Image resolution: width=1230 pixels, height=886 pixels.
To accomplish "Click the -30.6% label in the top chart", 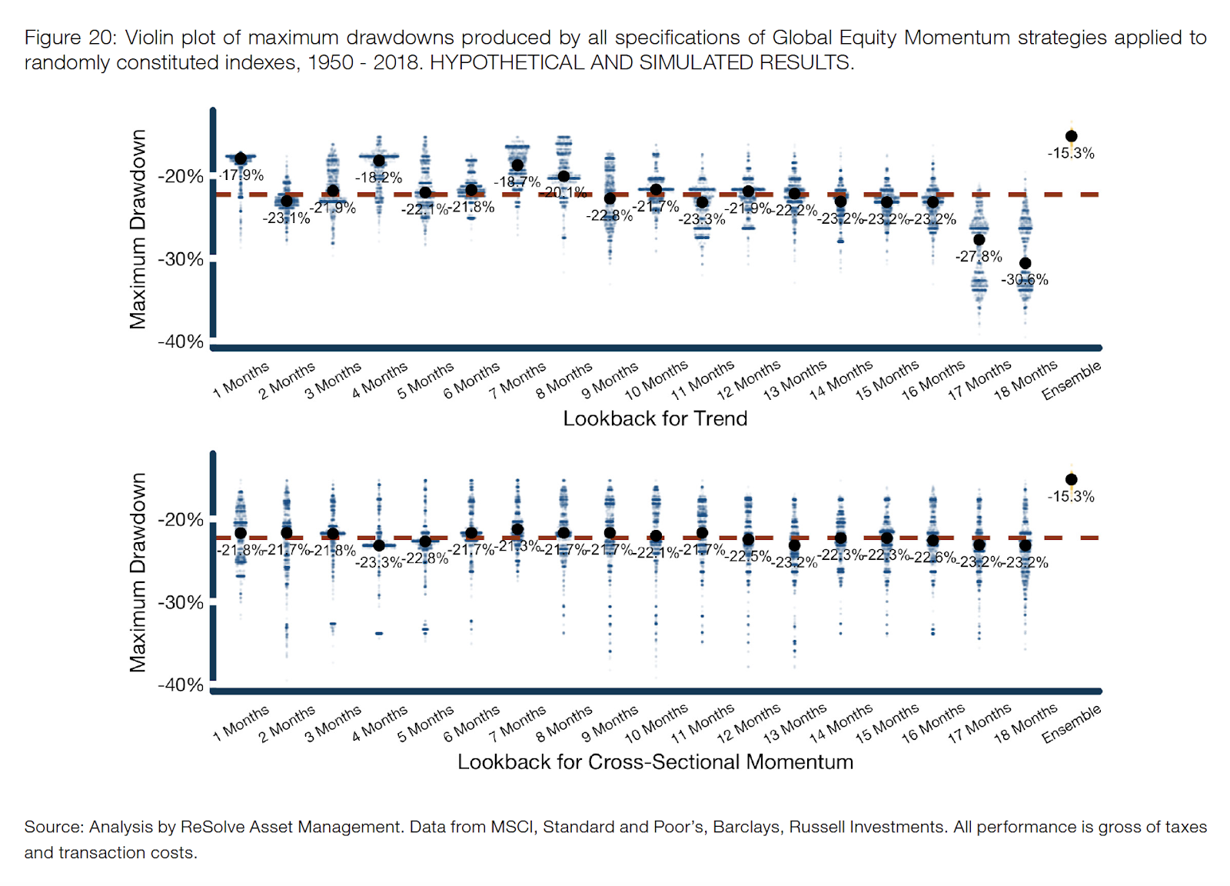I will (x=1025, y=280).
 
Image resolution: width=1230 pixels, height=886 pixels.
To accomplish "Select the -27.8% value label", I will (x=979, y=256).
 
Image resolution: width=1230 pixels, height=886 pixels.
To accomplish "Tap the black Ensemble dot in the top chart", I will (x=1071, y=136).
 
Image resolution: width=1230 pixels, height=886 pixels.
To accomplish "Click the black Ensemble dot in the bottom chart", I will (x=1071, y=479).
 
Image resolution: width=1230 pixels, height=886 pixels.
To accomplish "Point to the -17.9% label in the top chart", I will (x=242, y=175).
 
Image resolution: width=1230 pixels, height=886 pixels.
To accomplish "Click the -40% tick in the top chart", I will (x=181, y=341).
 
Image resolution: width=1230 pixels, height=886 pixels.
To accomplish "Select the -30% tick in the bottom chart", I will (x=181, y=602).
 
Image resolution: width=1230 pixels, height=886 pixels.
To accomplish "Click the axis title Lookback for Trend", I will (x=655, y=418).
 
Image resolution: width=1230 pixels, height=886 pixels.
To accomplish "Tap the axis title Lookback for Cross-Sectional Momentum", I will (x=655, y=762).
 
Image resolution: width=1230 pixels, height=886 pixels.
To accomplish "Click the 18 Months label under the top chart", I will (x=1026, y=381).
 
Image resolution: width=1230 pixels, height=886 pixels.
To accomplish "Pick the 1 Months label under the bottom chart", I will (x=241, y=724).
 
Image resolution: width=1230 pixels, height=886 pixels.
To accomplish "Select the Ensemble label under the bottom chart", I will (x=1072, y=724).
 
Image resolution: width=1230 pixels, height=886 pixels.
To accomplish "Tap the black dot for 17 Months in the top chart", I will (x=979, y=239).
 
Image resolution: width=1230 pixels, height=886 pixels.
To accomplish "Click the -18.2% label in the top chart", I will (x=378, y=178).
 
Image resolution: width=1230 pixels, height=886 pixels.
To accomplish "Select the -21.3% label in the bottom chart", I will (x=518, y=545).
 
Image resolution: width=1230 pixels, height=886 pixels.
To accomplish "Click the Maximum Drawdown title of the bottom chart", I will (x=138, y=572).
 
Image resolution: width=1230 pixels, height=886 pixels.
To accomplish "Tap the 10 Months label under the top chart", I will (x=657, y=381).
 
